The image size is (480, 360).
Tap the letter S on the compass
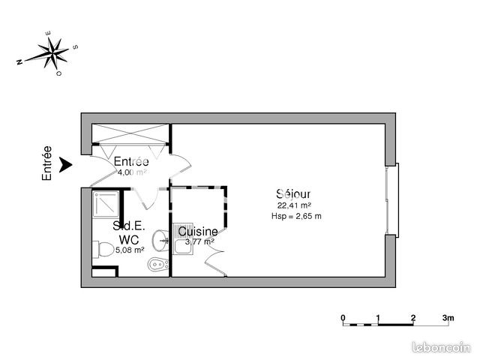tap(76, 46)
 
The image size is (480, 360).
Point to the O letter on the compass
tap(58, 75)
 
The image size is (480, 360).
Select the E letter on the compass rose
tap(47, 33)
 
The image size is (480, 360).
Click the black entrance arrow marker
tap(66, 163)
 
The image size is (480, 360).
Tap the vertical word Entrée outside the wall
tap(47, 163)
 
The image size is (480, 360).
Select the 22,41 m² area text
tap(294, 205)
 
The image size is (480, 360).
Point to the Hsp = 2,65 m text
tap(295, 217)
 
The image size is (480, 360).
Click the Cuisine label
tap(198, 232)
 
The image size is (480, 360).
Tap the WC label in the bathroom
tap(129, 239)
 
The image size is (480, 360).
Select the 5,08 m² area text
tap(128, 250)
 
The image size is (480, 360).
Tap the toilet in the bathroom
tap(155, 265)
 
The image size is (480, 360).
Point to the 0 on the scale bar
tap(343, 317)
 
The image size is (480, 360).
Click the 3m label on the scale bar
tap(448, 317)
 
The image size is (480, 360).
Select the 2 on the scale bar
tap(413, 317)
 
